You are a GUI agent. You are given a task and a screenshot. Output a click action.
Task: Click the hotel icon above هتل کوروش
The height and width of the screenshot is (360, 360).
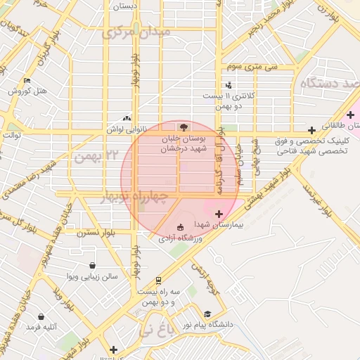pos(27,81)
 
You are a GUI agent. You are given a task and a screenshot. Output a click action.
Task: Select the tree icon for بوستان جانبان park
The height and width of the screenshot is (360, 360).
pos(184,127)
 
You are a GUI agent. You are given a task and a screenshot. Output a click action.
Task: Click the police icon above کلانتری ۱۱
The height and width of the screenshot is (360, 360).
pos(229,84)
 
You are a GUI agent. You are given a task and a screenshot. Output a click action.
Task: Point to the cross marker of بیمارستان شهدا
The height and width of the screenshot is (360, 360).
pos(219,214)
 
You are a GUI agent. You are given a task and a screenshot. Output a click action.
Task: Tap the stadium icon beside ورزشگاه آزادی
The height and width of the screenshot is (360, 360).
pos(181,227)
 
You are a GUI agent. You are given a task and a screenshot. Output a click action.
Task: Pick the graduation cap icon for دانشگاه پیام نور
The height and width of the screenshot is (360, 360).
pos(207,314)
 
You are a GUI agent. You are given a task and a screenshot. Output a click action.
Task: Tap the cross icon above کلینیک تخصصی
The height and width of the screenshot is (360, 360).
pos(311,130)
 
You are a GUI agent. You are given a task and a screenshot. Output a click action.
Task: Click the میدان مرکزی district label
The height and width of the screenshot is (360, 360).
pos(136,32)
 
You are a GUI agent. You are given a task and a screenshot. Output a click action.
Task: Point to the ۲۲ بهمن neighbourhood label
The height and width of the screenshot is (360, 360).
pos(94,154)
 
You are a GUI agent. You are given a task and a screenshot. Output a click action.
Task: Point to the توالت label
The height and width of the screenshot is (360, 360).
pos(13,135)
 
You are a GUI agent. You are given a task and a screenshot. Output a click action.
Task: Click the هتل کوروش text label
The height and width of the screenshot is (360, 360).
pos(27,91)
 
